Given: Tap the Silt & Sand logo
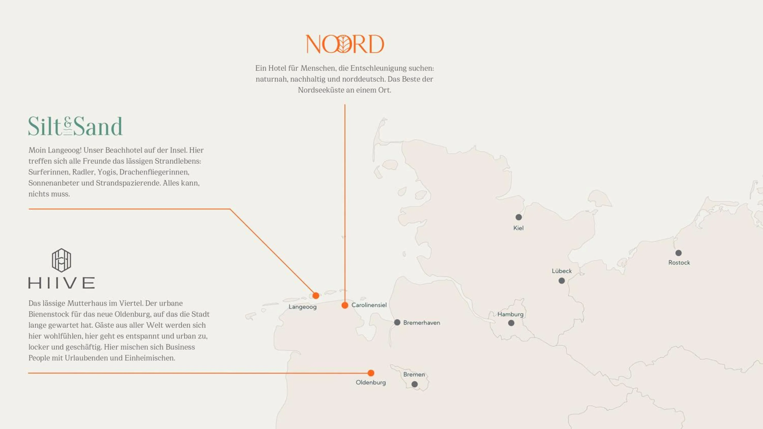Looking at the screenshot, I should point(75,126).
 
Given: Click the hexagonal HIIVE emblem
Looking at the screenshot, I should point(61,260).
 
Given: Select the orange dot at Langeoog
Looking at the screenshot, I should point(316,296).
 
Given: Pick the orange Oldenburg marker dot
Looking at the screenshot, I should point(371,373).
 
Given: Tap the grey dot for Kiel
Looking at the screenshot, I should point(519,217).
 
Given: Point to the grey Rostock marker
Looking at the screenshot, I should point(679,253).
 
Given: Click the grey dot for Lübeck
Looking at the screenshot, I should point(562,281).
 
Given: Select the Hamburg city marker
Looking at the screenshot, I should point(511,323).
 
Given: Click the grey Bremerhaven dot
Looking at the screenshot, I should point(397,323).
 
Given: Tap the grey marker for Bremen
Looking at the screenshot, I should point(415,384).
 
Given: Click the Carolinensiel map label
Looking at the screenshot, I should point(369,305).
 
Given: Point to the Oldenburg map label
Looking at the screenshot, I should point(371,382).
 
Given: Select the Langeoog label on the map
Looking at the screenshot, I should point(302,307).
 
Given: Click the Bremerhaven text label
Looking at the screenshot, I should point(421,323).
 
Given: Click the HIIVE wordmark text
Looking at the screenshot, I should point(62,283).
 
